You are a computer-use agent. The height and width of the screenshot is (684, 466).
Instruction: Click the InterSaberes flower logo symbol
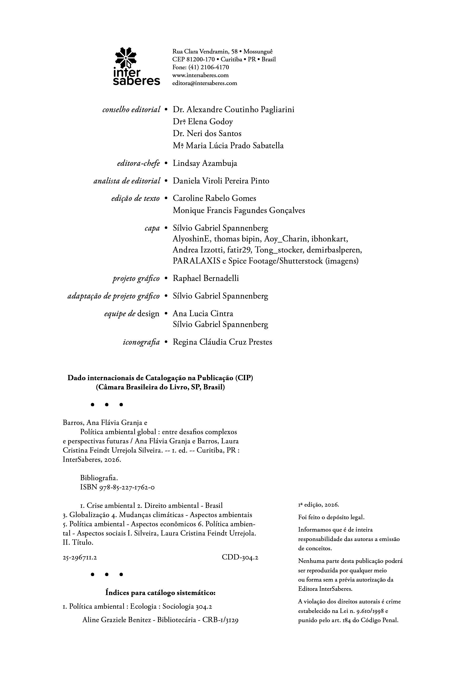(125, 58)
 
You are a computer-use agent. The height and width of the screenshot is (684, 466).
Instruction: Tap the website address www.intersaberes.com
(200, 75)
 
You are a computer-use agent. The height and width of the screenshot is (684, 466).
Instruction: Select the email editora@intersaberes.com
(204, 83)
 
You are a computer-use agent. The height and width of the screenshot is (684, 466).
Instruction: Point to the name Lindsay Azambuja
(205, 163)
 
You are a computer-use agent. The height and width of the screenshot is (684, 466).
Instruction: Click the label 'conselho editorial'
(131, 110)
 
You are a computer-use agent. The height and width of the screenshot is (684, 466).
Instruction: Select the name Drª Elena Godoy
(202, 122)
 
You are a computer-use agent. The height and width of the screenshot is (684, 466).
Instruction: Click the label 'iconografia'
(141, 342)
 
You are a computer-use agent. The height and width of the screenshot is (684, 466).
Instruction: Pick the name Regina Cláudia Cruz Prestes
(222, 342)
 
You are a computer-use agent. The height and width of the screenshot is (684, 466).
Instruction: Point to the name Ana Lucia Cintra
(202, 314)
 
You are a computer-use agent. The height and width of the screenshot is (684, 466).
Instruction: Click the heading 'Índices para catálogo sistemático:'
(160, 591)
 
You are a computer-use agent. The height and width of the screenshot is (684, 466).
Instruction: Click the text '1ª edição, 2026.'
(318, 505)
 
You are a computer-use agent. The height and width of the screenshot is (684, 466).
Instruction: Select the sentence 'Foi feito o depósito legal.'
(331, 517)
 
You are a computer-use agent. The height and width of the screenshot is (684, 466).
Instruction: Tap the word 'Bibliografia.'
(99, 478)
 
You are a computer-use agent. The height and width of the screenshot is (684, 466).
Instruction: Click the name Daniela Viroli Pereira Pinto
(221, 181)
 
